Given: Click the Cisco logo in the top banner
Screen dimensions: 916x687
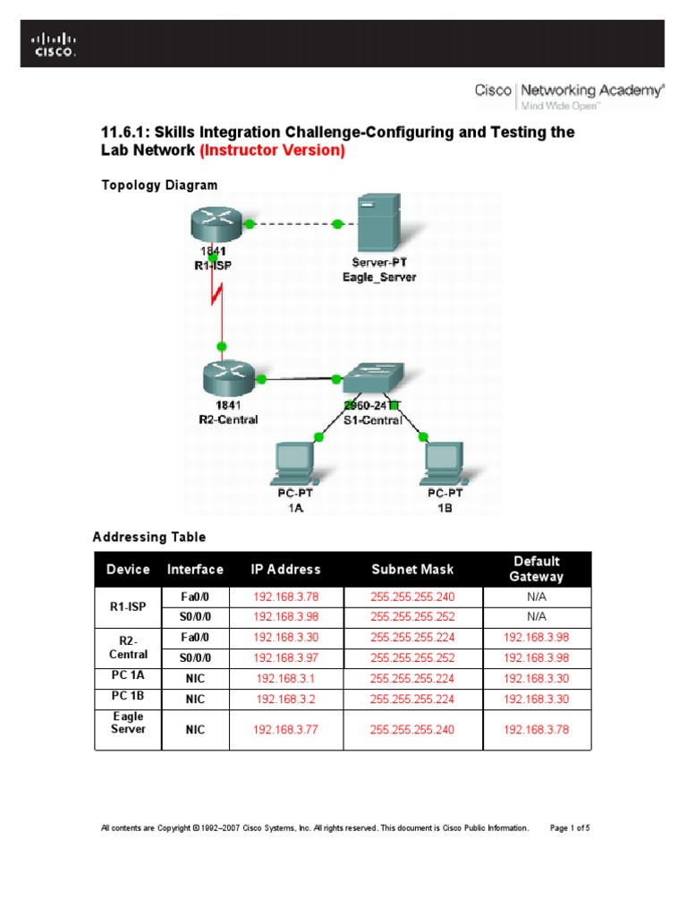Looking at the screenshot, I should click(x=55, y=44).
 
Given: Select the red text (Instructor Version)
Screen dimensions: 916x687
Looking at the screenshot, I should click(x=273, y=150).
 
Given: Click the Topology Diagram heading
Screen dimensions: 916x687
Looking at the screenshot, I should click(x=159, y=185).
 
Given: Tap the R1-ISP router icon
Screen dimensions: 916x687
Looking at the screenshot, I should click(x=212, y=224).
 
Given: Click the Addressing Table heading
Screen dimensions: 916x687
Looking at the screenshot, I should click(x=149, y=538).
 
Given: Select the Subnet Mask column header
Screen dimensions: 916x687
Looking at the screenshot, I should click(x=412, y=569).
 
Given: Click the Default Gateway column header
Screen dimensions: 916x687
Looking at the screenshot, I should click(x=536, y=569).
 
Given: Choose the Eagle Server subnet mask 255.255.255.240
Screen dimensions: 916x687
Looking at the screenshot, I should click(x=412, y=730).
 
